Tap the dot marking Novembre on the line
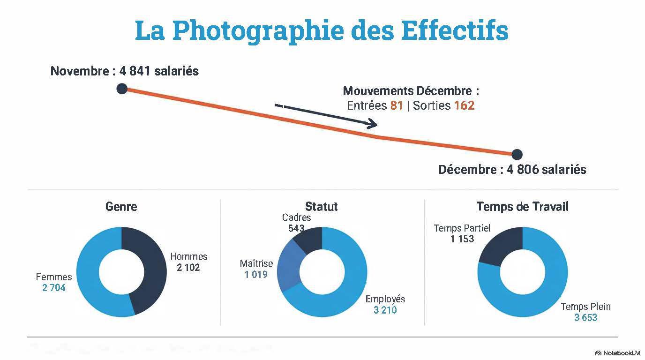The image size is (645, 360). coord(122,88)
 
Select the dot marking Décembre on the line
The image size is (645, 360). coord(517,154)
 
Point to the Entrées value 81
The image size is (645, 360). coord(397,105)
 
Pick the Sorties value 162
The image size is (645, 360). coord(464,105)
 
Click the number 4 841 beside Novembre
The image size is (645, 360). coord(136,71)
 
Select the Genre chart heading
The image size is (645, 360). coord(121,206)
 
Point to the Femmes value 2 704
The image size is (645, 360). coord(54,288)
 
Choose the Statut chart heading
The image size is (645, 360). coord(322,206)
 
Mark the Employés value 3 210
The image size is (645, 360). coord(385,310)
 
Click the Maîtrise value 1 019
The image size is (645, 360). coord(256,274)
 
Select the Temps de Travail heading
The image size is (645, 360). coord(522,206)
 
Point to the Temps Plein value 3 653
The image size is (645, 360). coord(585,318)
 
